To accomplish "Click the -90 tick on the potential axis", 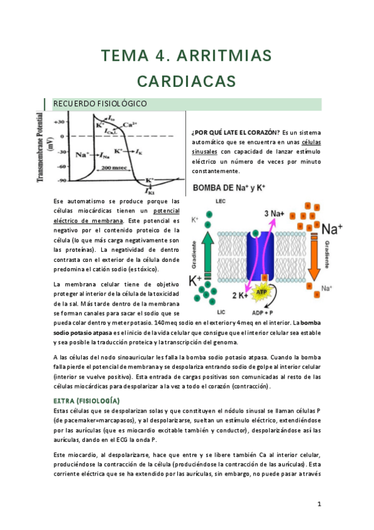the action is click(x=61, y=181).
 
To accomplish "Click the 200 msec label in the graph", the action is click(x=115, y=168).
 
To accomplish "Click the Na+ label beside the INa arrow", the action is click(x=82, y=154).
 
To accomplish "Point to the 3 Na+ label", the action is click(x=275, y=213).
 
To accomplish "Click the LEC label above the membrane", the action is click(x=220, y=201).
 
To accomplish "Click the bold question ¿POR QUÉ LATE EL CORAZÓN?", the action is click(x=235, y=131).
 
